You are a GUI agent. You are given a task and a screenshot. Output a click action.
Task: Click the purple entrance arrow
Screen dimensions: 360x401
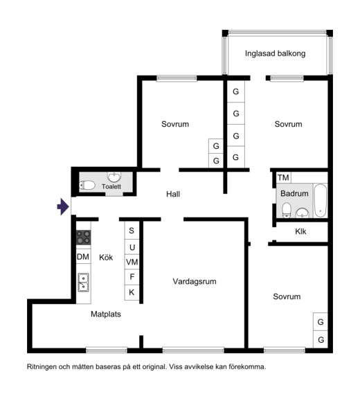63,206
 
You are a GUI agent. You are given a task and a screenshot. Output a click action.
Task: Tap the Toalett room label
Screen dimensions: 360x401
111,186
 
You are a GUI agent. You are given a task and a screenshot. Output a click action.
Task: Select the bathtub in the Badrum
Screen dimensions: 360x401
321,201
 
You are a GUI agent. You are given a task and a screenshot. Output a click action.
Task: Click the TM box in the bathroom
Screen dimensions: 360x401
284,177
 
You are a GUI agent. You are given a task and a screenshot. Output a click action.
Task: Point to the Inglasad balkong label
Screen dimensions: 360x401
275,53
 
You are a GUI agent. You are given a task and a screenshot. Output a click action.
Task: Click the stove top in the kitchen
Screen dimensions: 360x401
84,238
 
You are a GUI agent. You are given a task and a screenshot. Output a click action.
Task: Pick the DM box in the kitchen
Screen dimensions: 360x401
83,256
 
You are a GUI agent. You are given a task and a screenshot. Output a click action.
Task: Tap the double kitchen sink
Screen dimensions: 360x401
83,283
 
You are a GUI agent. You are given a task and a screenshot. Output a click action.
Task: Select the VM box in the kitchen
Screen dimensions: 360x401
132,262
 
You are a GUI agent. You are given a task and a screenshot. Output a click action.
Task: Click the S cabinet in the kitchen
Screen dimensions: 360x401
132,230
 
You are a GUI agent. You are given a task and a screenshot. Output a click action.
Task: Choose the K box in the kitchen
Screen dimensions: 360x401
132,292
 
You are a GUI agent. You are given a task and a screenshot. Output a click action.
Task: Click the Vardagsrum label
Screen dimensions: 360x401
195,281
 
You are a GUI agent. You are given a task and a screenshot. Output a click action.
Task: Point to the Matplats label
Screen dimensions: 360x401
106,314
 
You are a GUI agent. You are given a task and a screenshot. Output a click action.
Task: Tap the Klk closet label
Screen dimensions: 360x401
300,231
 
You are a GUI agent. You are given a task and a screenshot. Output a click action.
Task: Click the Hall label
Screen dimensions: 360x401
173,194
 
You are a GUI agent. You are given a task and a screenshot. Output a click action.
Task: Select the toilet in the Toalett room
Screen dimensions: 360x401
87,185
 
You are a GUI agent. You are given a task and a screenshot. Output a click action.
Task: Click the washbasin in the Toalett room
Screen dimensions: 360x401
114,177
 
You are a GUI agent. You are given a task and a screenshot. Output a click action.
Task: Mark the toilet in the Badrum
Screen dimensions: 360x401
287,210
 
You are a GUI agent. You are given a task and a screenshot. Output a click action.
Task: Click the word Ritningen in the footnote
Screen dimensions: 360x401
42,367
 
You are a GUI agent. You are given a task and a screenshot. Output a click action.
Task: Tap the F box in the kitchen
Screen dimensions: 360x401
132,277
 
